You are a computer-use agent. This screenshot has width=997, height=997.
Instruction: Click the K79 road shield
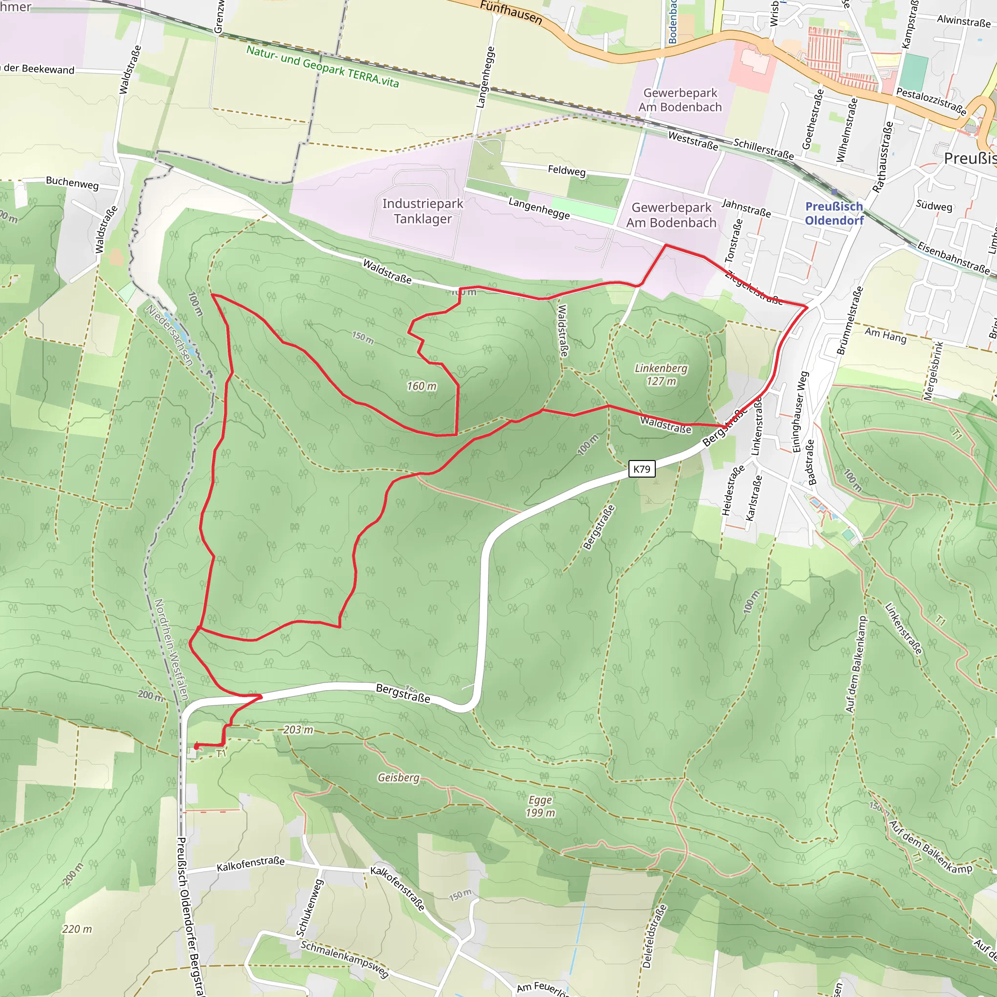point(642,469)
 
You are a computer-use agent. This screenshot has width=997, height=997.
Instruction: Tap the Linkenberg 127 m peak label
point(661,375)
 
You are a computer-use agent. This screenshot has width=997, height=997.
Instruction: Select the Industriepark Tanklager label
point(423,211)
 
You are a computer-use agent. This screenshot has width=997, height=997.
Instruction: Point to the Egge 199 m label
point(540,806)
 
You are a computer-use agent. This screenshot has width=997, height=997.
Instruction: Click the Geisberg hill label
point(398,777)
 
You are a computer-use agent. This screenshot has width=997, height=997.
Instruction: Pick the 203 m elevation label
point(298,730)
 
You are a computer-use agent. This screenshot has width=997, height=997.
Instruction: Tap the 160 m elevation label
point(422,386)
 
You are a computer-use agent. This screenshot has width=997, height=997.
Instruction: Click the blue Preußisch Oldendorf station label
point(834,214)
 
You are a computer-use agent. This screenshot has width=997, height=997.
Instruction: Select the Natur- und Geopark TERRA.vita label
point(323,66)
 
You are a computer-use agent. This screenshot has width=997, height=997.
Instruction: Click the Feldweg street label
point(567,170)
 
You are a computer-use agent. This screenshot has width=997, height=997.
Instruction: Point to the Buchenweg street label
point(72,183)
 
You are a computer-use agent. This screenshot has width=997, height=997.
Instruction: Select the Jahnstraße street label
point(746,208)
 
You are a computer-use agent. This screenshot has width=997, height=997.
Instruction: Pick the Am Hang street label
point(886,335)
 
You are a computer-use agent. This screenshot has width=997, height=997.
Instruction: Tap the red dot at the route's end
point(197,746)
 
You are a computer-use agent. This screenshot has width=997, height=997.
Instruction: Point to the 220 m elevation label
point(77,929)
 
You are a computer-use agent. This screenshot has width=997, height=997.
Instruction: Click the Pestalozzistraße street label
point(931,101)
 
